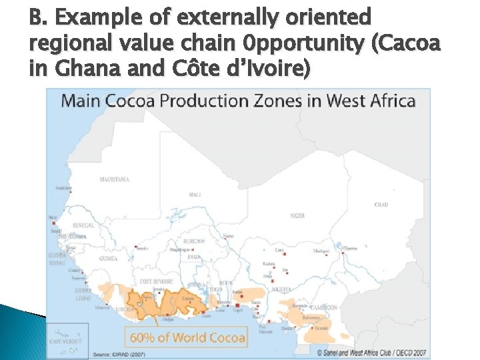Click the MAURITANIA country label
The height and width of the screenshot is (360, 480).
(x=114, y=179)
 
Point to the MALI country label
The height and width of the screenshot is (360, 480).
(x=195, y=195)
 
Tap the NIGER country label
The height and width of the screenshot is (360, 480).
(x=297, y=215)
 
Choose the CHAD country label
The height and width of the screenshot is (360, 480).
(x=381, y=204)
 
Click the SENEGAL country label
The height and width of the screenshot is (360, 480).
(x=84, y=225)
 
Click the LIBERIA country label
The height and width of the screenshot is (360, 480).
(x=121, y=310)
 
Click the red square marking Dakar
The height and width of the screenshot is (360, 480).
(x=53, y=223)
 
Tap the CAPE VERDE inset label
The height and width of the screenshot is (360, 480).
(x=69, y=341)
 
